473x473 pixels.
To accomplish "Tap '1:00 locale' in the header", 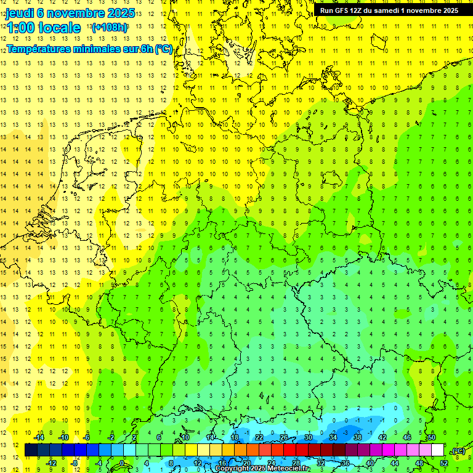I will click(44, 28).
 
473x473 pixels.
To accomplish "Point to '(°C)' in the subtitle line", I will click(163, 49).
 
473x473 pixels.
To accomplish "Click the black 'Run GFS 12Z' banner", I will click(389, 10).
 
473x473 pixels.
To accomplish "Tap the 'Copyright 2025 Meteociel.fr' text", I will click(262, 469).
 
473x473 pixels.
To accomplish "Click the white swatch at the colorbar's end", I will click(438, 450).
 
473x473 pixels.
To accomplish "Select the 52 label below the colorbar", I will click(444, 463).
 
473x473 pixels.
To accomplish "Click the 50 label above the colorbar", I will click(432, 437).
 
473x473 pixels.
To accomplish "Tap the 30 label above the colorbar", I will click(309, 437).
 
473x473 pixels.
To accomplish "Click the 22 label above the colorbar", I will click(259, 437).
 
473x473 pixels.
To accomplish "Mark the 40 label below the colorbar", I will click(370, 463).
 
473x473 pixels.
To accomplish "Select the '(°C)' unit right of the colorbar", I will click(458, 451).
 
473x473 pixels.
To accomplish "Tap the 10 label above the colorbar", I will click(185, 437).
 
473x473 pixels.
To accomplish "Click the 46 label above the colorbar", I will click(407, 437).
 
